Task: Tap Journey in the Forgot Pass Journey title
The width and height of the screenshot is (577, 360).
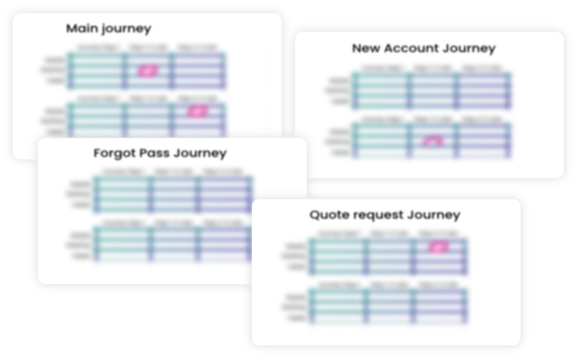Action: pos(201,153)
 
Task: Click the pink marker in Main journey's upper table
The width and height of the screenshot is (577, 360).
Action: pos(147,71)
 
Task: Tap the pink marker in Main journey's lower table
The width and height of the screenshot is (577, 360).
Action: pos(198,111)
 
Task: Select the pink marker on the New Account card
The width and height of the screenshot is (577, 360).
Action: pos(432,141)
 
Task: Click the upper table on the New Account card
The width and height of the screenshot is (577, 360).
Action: pos(432,90)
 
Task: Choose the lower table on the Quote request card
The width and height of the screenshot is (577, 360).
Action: pos(388,306)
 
